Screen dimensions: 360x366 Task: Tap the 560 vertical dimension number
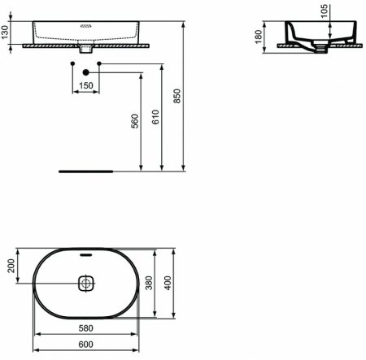pos(136,121)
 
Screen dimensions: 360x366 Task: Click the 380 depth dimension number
pos(149,284)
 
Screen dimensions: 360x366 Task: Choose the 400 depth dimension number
pos(169,284)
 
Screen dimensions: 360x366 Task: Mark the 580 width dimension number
pos(85,329)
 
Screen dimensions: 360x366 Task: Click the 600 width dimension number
pos(85,345)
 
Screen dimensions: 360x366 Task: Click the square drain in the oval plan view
pos(86,284)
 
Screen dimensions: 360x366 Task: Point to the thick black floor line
pos(86,171)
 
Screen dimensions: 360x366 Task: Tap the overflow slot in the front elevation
pos(85,25)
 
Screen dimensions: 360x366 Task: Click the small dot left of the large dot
pos(73,63)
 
